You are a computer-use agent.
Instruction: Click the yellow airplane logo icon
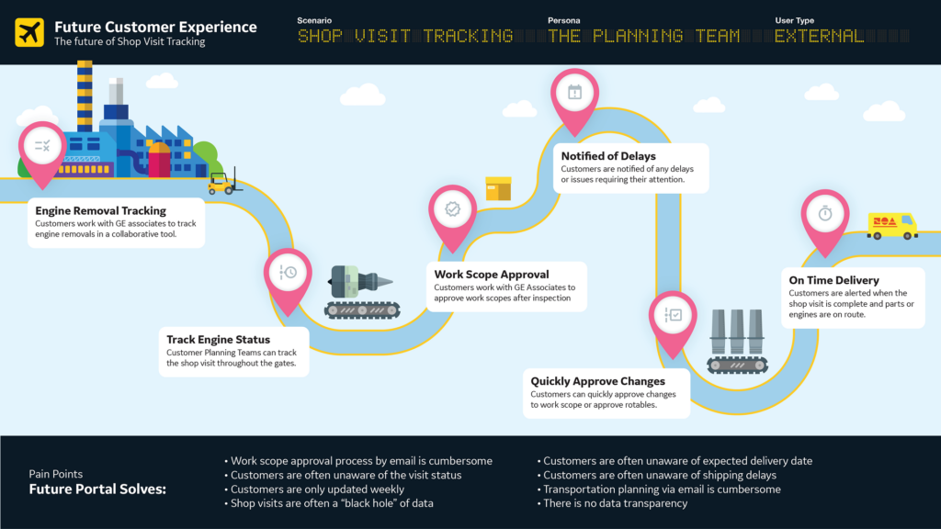point(29,32)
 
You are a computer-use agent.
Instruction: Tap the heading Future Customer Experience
point(155,27)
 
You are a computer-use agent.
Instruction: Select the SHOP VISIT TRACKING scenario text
point(405,37)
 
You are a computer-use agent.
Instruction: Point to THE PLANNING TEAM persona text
point(643,37)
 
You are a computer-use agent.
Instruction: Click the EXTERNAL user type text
point(820,37)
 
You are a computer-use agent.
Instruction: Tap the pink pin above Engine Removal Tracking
point(42,146)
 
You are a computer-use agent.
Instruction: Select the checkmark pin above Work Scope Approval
point(452,210)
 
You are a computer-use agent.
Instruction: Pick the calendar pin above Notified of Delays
point(574,93)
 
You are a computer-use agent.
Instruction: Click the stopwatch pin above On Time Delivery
point(824,214)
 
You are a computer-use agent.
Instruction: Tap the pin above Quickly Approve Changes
point(673,316)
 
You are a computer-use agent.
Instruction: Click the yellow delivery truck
point(891,225)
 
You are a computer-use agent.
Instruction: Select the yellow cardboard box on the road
point(498,188)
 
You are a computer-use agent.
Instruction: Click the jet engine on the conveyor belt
point(360,280)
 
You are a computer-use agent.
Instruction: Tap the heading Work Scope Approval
point(492,274)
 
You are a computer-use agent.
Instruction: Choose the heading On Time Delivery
point(833,280)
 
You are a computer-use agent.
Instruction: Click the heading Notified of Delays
point(608,156)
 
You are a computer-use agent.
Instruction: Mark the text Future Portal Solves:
point(97,490)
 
